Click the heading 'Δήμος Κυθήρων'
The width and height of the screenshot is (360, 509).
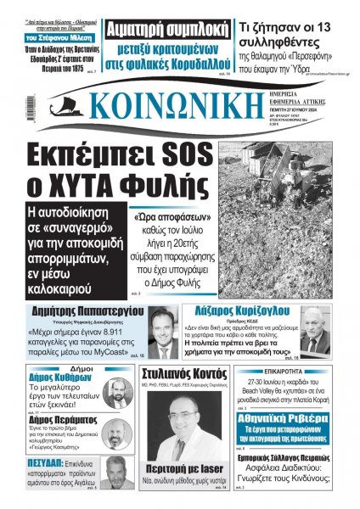tap(53, 382)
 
